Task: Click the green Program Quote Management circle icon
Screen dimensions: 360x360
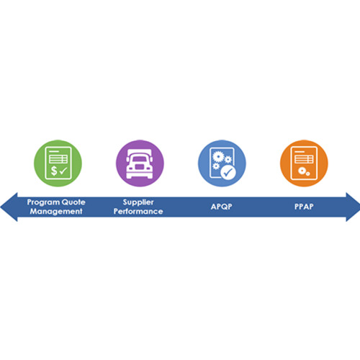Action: (x=58, y=163)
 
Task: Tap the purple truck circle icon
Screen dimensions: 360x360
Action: (x=140, y=163)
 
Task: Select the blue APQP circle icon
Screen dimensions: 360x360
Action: (x=222, y=163)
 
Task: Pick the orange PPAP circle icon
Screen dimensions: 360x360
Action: (x=304, y=163)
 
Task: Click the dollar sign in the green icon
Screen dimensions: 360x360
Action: (x=54, y=171)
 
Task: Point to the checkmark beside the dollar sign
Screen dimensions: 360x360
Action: (x=63, y=171)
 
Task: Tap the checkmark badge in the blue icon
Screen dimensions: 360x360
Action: (x=228, y=172)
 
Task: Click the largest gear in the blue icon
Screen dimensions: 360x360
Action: (x=218, y=156)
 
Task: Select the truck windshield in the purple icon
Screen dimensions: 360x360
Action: (x=140, y=158)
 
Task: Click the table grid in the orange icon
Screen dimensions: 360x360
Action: (x=304, y=159)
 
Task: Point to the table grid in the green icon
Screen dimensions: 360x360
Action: (x=58, y=159)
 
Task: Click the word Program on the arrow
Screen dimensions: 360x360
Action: (x=42, y=202)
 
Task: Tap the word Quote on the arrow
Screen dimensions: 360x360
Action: (x=73, y=202)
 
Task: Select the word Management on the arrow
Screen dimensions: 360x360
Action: (x=56, y=212)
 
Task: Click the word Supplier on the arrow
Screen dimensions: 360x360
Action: (x=138, y=202)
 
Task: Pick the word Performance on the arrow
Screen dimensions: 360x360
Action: (x=138, y=212)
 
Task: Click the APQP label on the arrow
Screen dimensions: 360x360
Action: (x=221, y=207)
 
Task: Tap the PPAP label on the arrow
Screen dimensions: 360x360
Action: (x=304, y=207)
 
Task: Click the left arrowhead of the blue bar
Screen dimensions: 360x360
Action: (x=9, y=207)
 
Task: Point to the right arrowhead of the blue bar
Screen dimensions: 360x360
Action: (x=353, y=207)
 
